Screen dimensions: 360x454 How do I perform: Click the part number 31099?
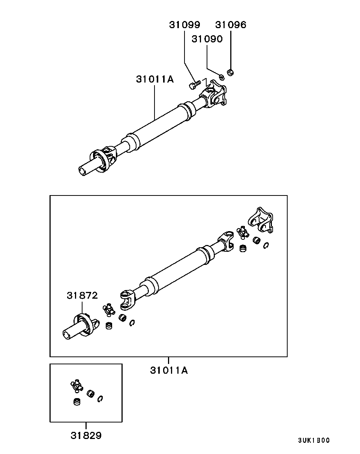pos(184,25)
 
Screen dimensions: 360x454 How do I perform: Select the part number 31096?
pos(231,25)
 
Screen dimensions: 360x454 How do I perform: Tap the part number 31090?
pos(207,39)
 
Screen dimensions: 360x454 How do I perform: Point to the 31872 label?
pos(82,295)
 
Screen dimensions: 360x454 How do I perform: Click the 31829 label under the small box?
pos(86,435)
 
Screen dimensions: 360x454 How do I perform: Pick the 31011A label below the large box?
pos(169,370)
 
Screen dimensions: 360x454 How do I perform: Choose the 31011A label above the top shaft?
pos(155,79)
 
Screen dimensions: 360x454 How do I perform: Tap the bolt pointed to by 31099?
pos(194,85)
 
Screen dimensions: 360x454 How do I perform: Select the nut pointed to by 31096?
pos(230,72)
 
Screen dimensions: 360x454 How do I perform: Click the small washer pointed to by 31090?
pos(222,78)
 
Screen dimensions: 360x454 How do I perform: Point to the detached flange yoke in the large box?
pos(261,220)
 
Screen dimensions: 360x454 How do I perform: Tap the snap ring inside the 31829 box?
pos(100,398)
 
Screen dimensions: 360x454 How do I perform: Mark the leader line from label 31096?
pos(231,50)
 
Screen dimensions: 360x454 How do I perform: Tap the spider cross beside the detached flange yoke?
pos(243,233)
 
